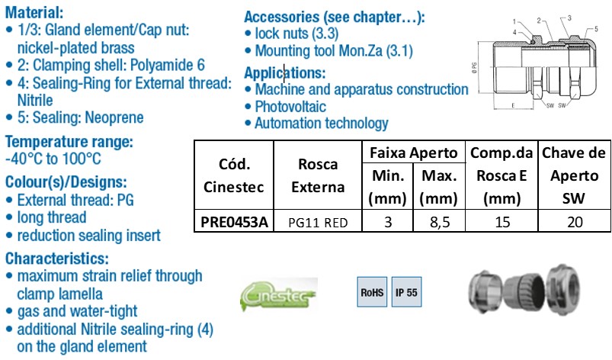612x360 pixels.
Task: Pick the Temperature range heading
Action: (69, 142)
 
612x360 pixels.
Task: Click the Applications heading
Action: (284, 73)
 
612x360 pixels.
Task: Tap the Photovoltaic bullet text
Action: (290, 107)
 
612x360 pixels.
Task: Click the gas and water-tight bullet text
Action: (77, 312)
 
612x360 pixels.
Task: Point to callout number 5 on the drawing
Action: (596, 29)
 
